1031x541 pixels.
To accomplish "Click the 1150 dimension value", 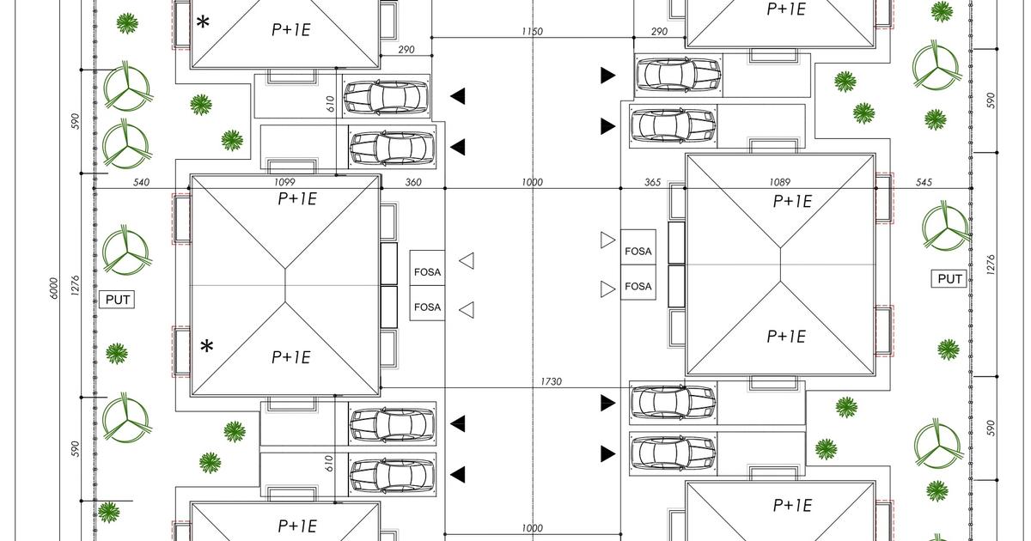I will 532,32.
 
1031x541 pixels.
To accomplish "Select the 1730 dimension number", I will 552,381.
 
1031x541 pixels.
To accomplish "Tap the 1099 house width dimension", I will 285,182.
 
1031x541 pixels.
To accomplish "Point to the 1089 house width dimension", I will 780,182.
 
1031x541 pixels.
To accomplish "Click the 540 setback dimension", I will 142,182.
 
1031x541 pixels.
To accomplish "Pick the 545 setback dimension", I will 924,182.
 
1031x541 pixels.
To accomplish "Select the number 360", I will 413,182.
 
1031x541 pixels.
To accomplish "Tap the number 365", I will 652,182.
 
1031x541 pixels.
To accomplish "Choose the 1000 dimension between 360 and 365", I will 532,182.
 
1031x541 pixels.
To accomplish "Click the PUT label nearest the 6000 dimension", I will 117,300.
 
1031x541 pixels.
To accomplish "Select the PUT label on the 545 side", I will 949,279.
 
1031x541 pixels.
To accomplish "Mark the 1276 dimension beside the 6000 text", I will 75,286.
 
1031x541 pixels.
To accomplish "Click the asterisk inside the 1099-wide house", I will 207,347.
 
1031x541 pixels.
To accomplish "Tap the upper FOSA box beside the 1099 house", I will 427,272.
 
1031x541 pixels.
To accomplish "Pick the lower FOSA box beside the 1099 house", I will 427,307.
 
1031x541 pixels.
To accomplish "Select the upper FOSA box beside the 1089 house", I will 638,252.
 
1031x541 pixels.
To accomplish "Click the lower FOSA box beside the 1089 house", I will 638,286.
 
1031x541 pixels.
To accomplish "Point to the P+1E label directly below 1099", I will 296,199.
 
